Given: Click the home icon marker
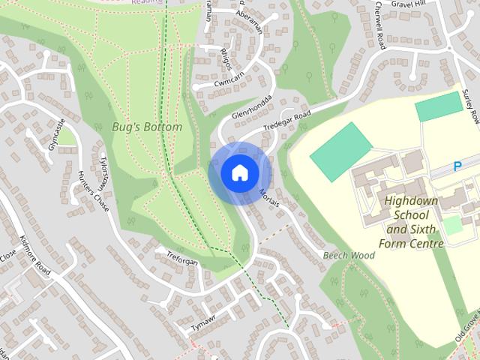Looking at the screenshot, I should coord(239,172).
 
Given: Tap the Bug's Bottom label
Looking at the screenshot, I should coord(147,127).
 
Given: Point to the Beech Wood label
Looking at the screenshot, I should coord(349,256).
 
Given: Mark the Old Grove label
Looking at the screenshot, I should coord(469,327).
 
